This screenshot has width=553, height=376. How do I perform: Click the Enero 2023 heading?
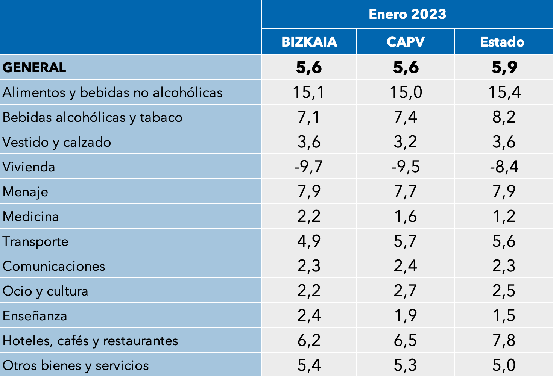(x=407, y=14)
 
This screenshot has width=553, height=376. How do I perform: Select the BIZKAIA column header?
(x=309, y=42)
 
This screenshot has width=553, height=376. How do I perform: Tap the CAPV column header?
(x=406, y=42)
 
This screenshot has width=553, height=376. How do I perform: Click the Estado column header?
(x=502, y=42)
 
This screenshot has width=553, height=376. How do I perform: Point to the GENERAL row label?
(x=34, y=68)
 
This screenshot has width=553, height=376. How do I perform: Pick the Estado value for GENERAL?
(x=504, y=67)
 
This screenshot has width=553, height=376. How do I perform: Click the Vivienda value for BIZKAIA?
(x=308, y=167)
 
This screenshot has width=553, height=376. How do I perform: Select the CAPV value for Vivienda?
(x=406, y=167)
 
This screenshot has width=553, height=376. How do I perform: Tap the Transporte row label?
(x=35, y=241)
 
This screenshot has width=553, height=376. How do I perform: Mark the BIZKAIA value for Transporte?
(x=309, y=241)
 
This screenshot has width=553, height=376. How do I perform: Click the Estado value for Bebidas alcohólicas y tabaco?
(x=504, y=117)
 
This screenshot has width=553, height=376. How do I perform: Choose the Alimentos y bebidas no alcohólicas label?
(x=112, y=92)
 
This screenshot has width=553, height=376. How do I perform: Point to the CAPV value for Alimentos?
(x=406, y=92)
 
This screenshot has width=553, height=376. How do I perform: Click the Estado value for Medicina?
(x=504, y=216)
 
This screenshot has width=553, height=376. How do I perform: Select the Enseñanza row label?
(x=35, y=316)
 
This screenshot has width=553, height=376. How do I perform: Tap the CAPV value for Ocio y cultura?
(x=406, y=291)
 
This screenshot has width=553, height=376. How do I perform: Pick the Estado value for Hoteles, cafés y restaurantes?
(x=504, y=340)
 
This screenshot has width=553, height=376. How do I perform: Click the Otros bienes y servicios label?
(x=76, y=365)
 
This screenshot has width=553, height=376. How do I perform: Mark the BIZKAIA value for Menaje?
(x=309, y=191)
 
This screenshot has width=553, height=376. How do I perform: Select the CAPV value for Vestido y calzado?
(x=406, y=142)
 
